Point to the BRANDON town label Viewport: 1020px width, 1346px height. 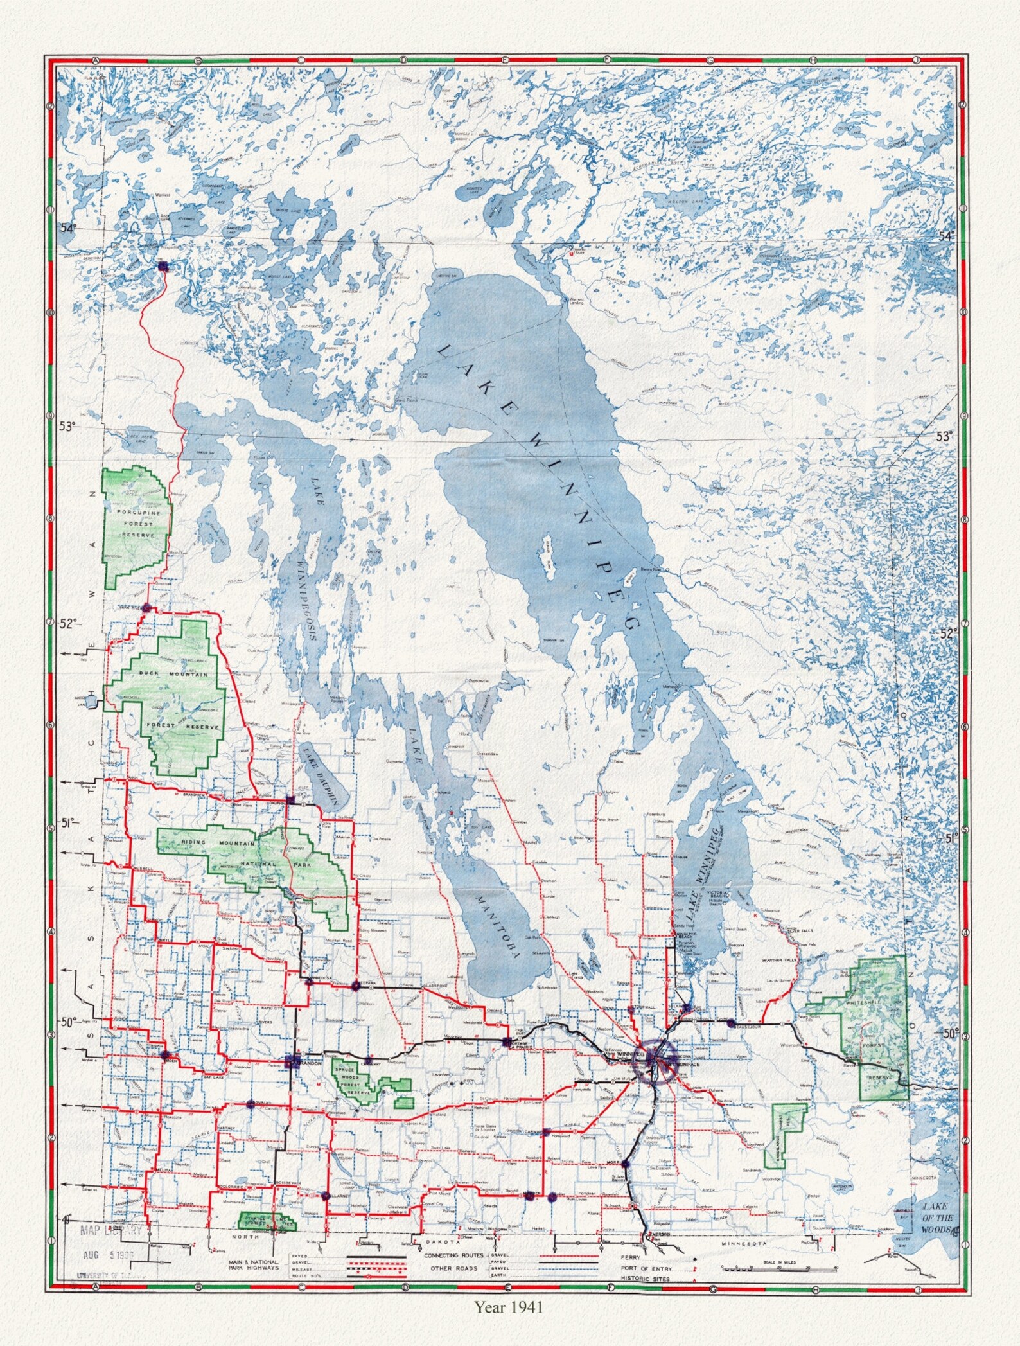[310, 1063]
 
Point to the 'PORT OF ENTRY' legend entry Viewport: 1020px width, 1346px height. [646, 1269]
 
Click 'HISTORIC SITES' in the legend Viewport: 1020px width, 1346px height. [645, 1279]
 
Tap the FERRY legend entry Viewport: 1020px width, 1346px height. [631, 1258]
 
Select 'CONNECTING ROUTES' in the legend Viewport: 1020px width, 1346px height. [453, 1255]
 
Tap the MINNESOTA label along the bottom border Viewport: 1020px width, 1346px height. [744, 1244]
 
